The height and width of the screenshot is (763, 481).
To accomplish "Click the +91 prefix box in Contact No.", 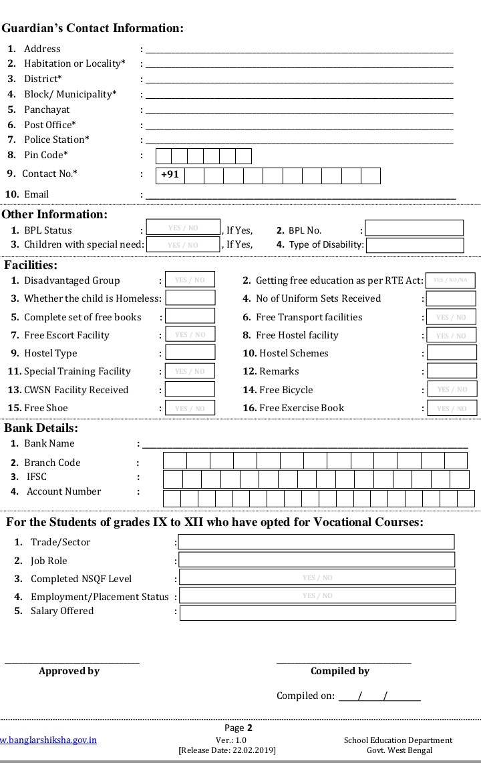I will (170, 176).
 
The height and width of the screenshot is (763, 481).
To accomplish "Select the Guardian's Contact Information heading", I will (92, 28).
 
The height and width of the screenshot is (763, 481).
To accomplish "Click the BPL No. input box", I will (414, 228).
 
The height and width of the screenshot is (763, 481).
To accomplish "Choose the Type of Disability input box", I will (414, 245).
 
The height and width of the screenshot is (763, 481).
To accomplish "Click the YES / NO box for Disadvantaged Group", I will (190, 280).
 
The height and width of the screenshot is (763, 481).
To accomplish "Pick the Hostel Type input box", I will (190, 352).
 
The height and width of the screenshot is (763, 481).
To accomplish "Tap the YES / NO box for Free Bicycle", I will (452, 389).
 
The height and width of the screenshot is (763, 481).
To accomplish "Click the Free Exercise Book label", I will (301, 408).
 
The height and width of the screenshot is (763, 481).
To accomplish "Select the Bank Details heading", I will (41, 428).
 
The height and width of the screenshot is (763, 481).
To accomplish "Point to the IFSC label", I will (37, 477).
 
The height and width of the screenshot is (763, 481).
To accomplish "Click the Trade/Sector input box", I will (316, 541).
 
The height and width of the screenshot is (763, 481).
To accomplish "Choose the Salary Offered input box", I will (317, 613).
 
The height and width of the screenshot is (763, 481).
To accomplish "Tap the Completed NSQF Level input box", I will (317, 577).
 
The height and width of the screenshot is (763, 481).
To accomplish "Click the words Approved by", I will (69, 671).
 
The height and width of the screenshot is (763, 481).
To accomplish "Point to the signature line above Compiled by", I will (343, 662).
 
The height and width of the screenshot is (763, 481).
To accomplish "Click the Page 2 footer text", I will (238, 728).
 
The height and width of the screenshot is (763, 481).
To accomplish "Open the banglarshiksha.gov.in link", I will (48, 740).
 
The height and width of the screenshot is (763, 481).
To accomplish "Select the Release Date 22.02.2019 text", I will (227, 750).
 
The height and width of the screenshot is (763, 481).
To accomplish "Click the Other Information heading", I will (54, 214).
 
